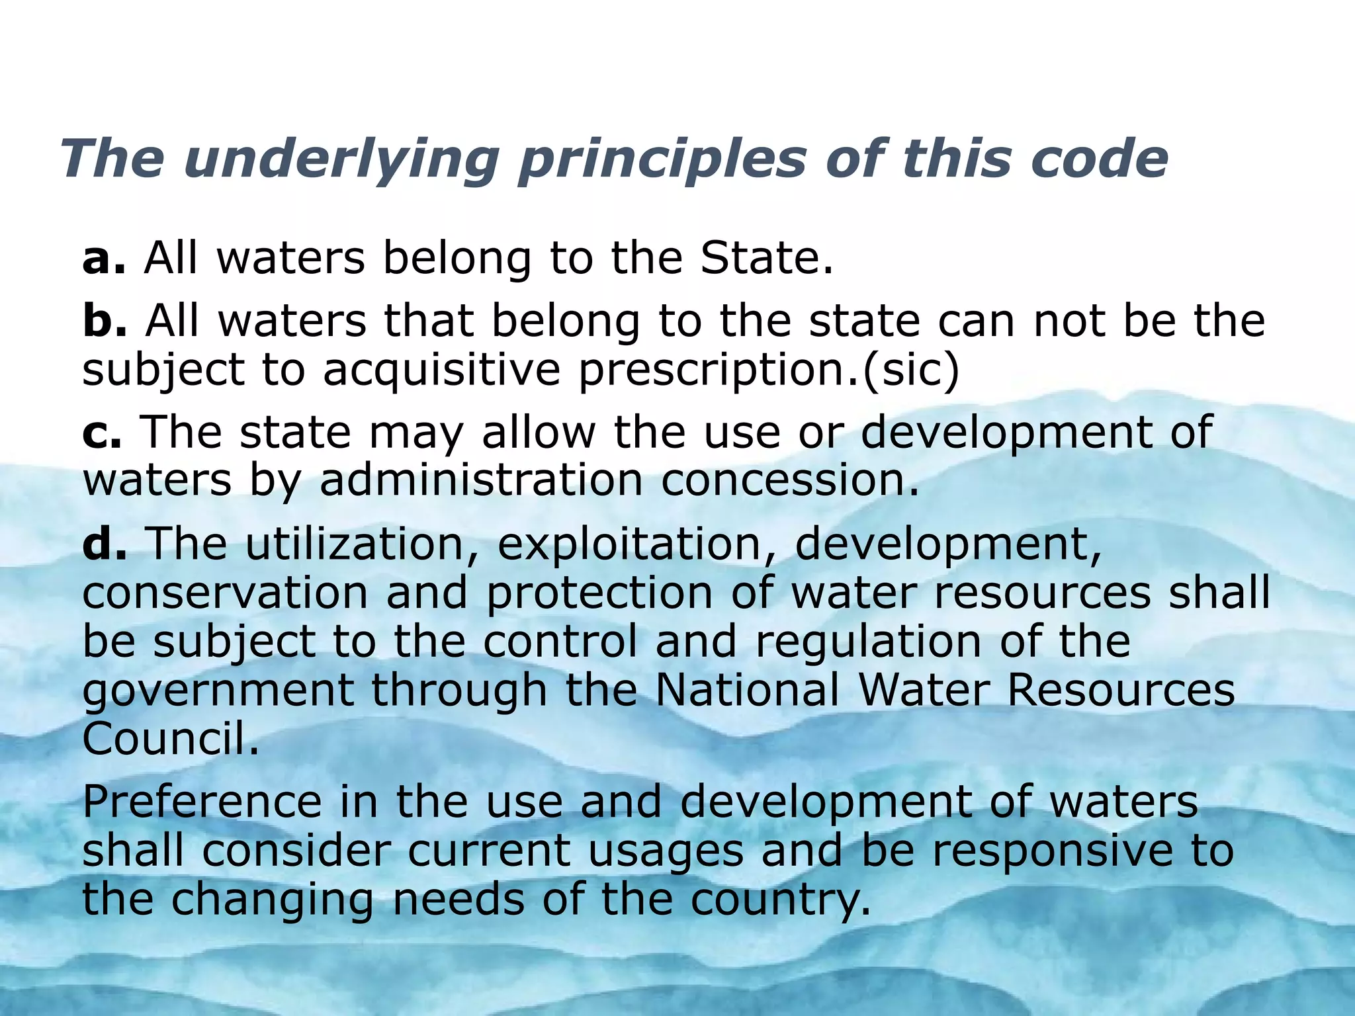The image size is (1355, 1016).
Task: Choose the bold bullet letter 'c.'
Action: click(x=102, y=432)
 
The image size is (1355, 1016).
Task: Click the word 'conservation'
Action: click(x=225, y=592)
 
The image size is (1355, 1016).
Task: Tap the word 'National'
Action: click(x=748, y=690)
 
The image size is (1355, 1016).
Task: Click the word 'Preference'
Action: click(x=202, y=802)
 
